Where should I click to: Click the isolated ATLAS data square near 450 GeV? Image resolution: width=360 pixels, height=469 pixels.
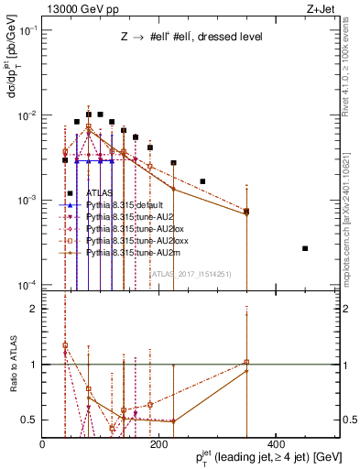[x=305, y=248]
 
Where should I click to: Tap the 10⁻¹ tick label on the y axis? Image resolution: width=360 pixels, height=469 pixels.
[x=28, y=30]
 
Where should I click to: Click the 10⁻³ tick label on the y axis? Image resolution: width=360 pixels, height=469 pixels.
[x=28, y=200]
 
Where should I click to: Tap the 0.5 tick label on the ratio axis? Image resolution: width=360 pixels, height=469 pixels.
[x=28, y=420]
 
